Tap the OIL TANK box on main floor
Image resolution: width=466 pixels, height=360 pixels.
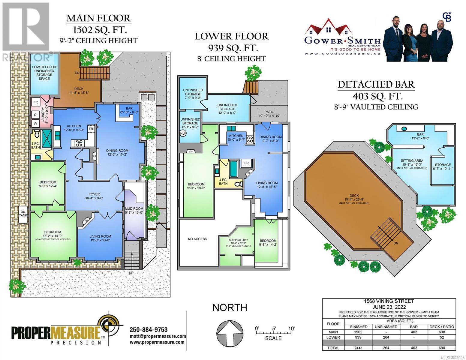[23, 213]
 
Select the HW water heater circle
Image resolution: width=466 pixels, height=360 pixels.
[183, 133]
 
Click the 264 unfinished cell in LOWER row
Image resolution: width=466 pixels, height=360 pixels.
[386, 337]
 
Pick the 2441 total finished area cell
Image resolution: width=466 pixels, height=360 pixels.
[358, 348]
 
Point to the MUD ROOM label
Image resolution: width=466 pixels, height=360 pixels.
[134, 211]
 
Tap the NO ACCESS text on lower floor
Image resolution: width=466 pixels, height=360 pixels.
[197, 239]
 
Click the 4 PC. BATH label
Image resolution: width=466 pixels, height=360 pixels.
[223, 181]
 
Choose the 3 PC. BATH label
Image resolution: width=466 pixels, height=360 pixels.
[35, 145]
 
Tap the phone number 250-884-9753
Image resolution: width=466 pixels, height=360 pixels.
[149, 330]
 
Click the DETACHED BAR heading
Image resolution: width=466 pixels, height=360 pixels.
[376, 84]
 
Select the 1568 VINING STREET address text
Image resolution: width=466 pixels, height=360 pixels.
[389, 301]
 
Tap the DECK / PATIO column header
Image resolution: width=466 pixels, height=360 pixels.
[442, 327]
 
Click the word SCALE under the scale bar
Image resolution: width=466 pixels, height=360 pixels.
[273, 338]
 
